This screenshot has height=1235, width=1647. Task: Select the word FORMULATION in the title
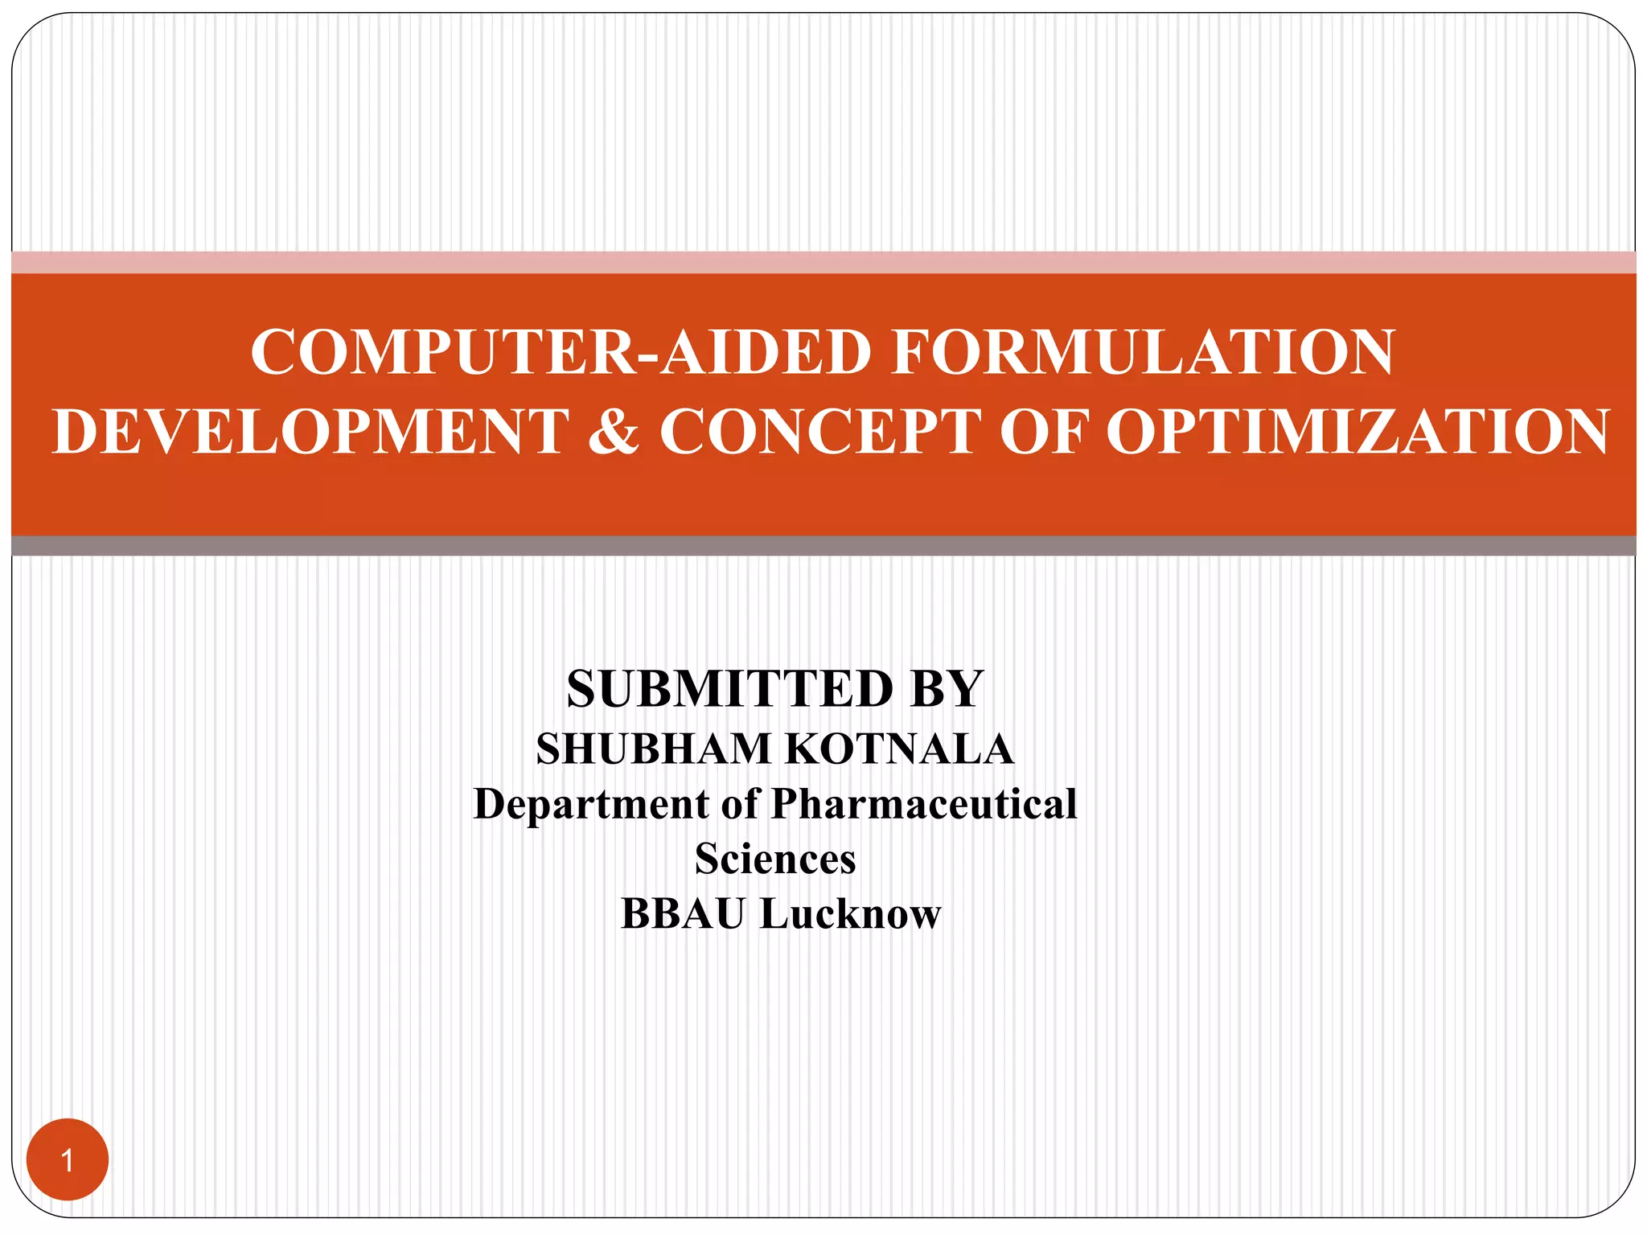click(1143, 352)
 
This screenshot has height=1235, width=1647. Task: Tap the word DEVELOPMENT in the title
click(311, 432)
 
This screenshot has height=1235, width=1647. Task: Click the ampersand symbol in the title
click(614, 432)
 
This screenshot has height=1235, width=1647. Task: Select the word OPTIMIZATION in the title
click(1357, 432)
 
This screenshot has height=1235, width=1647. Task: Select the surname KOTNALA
click(899, 749)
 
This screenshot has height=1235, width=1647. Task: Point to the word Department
click(591, 804)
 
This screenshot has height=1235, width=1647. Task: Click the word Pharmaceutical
click(924, 804)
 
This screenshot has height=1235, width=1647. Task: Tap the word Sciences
click(775, 859)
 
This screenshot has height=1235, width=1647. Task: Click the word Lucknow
click(850, 914)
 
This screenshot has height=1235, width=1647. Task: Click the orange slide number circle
click(68, 1159)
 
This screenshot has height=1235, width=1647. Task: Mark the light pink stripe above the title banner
click(823, 262)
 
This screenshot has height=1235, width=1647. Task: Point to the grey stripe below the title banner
click(823, 546)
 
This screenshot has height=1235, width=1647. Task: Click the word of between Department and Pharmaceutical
click(740, 804)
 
